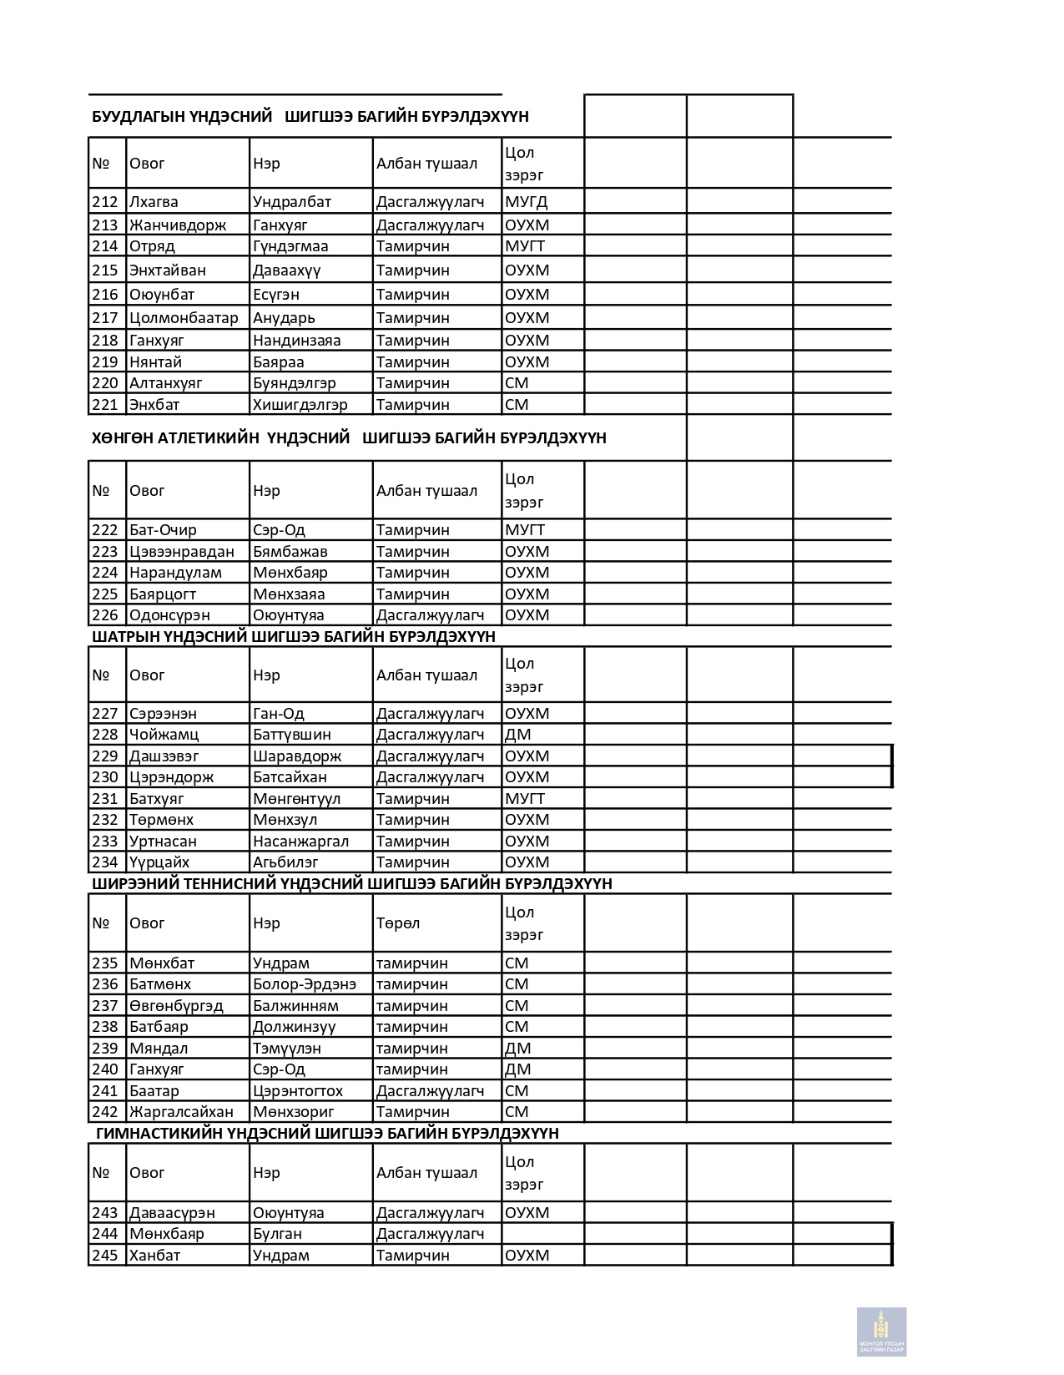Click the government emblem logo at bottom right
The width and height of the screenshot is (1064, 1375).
881,1331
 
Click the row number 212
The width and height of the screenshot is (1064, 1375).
105,202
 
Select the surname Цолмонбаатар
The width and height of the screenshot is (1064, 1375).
184,318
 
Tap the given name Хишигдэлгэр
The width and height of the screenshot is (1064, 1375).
300,405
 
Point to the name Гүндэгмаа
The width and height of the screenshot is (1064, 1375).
290,246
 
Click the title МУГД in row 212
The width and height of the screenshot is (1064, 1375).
526,202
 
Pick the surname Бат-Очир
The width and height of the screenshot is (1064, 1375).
163,530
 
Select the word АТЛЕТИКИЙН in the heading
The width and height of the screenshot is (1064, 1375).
208,438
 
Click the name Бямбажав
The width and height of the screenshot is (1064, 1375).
290,552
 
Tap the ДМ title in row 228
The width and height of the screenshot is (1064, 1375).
517,735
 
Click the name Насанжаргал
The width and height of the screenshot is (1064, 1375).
300,842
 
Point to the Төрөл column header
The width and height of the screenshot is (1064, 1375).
397,923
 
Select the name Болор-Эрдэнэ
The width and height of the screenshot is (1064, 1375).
304,984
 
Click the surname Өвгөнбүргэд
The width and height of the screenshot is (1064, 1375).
176,1006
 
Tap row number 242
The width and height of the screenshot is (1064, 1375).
105,1112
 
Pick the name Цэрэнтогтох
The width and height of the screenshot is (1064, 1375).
297,1091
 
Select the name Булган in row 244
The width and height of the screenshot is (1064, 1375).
277,1234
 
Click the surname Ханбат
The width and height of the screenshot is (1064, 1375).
154,1256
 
